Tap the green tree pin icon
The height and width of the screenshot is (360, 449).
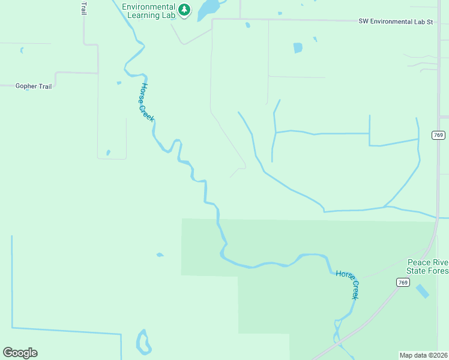coord(184,10)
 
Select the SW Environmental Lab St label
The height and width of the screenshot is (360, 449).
coord(396,22)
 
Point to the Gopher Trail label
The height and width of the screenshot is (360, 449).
coord(34,86)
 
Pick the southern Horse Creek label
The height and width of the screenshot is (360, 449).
coord(348,284)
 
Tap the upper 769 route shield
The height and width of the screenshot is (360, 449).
coord(438,135)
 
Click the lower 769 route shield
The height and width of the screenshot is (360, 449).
coord(403,282)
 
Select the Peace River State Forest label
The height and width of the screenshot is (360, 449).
coord(427,266)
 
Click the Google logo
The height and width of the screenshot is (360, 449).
coord(20,352)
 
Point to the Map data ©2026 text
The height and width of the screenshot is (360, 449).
coord(424,355)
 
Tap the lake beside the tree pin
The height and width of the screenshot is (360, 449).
coord(208,8)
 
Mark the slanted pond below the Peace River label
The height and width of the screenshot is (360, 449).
coord(423,291)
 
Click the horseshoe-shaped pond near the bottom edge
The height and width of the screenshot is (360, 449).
coord(143,343)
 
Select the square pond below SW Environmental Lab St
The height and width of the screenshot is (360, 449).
coord(298,47)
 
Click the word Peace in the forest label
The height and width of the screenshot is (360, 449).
coord(418,262)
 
